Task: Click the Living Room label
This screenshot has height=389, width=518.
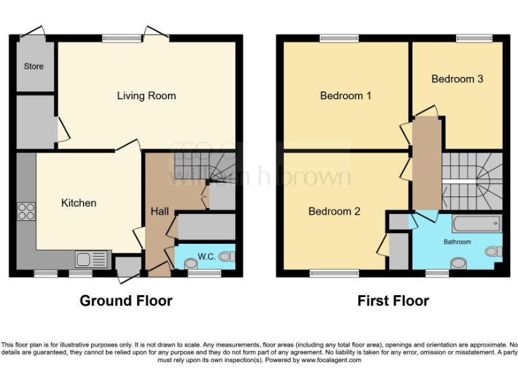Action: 146,96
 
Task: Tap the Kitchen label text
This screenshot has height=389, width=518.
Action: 79,203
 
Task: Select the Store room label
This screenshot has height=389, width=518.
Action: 34,66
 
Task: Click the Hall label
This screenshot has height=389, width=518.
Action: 160,211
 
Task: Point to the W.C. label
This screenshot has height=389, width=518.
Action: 206,257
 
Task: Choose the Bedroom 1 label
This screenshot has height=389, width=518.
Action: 345,96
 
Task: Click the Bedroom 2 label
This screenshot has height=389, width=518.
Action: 334,211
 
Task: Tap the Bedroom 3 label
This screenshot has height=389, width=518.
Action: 457,79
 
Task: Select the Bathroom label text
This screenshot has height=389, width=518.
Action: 457,242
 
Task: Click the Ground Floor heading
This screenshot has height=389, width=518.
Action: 126,301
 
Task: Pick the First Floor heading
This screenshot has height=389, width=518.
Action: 393,301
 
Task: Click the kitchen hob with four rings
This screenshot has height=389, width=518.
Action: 26,212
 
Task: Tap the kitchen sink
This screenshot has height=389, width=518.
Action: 92,259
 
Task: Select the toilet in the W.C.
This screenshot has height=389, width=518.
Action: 227,256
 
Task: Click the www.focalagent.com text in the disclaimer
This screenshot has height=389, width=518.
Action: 331,360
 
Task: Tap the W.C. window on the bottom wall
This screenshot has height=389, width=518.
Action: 200,274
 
